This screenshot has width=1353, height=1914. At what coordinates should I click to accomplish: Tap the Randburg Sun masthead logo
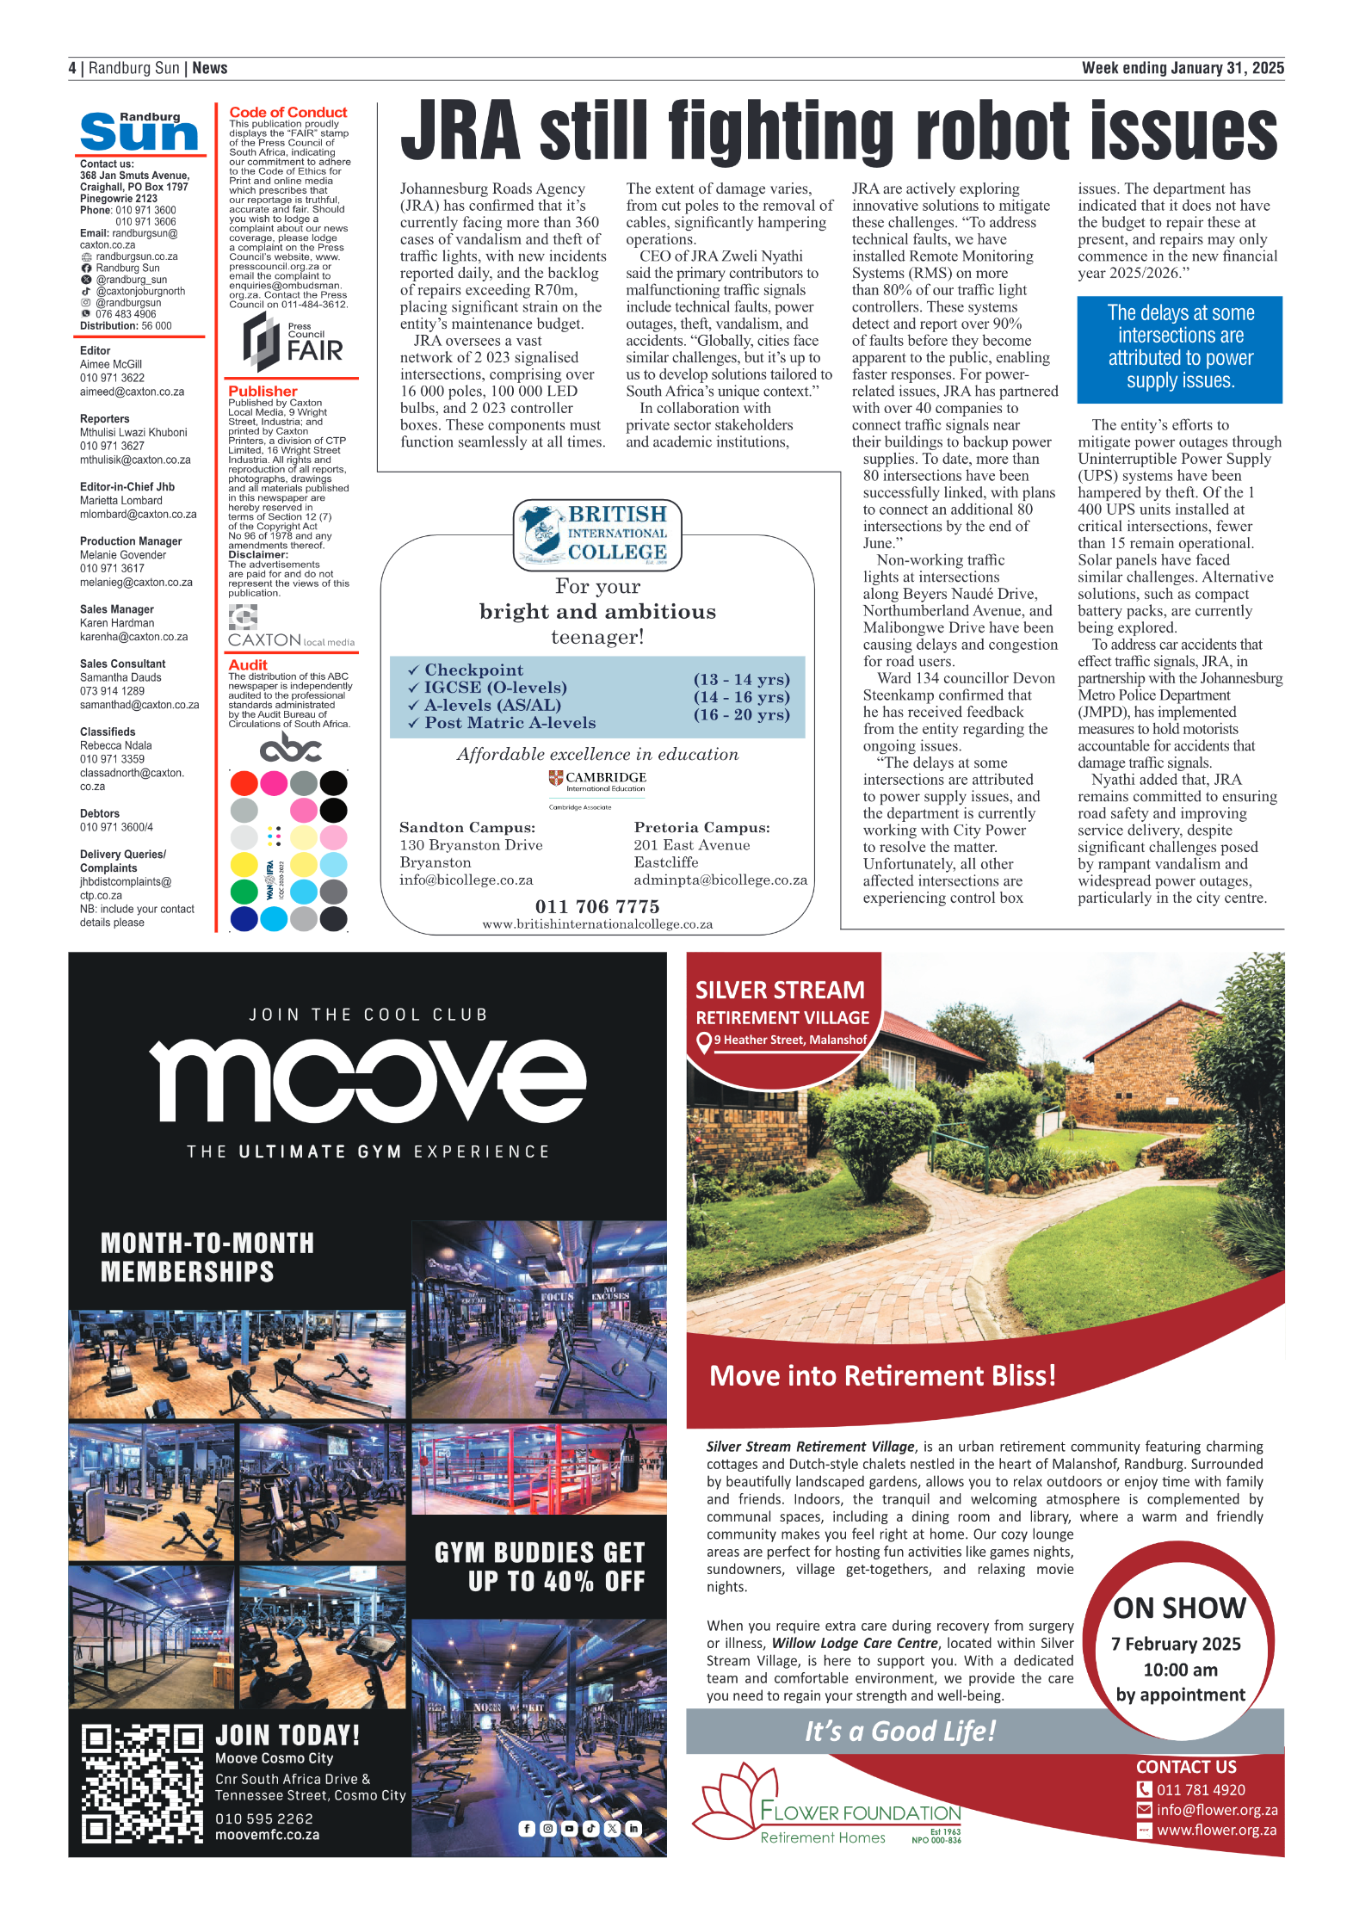pos(139,132)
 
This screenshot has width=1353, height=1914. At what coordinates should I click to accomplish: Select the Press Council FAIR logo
pos(293,342)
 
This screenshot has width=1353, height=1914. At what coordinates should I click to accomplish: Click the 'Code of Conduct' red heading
pos(287,112)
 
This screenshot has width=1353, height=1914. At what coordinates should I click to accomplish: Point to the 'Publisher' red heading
pos(263,391)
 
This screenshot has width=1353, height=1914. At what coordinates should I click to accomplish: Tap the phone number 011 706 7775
pos(596,906)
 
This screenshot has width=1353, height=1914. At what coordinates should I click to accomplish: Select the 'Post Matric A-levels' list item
pos(510,723)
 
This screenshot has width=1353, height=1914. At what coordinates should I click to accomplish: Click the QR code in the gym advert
pos(141,1782)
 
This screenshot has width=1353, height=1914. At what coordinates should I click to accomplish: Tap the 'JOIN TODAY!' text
pos(287,1735)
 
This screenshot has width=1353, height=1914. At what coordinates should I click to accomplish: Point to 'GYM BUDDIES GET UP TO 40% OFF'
pos(540,1567)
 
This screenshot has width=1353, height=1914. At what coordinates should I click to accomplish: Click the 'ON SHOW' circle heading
pos(1179,1608)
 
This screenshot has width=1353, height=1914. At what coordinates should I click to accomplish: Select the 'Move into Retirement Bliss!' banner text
pos(882,1376)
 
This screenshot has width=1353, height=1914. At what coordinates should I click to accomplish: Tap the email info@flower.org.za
pos(1216,1810)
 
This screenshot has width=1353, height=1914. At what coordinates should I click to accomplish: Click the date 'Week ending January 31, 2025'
pos(1183,68)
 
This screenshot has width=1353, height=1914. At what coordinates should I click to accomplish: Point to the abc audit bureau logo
pos(290,748)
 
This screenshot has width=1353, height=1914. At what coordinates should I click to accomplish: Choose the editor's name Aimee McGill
pos(111,364)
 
